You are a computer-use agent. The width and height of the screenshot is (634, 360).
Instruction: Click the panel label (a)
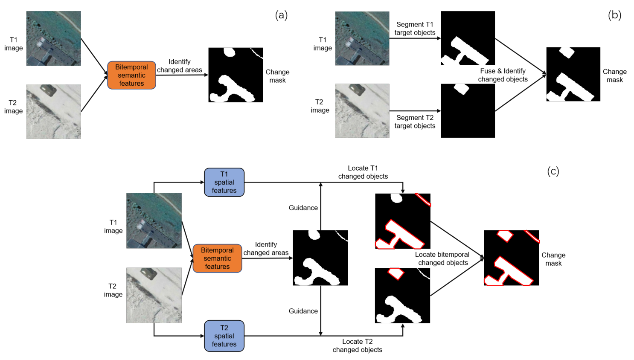[x=281, y=15]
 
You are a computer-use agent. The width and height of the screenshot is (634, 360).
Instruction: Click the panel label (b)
[x=614, y=15]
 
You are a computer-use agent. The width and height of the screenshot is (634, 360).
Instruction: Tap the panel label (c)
[x=553, y=171]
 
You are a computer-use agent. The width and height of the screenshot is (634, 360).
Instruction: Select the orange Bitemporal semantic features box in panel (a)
[x=131, y=75]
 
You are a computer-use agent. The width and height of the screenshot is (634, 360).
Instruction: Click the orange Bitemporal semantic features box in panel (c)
[x=217, y=258]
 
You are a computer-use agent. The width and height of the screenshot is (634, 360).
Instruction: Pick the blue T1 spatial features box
[x=224, y=182]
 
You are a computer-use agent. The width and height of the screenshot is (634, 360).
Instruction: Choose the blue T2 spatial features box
[x=224, y=336]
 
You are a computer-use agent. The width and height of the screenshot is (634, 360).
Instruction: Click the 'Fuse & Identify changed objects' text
[x=503, y=75]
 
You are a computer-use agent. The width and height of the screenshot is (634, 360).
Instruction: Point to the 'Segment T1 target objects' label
[x=415, y=29]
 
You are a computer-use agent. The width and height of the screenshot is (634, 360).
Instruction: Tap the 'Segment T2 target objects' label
[x=415, y=122]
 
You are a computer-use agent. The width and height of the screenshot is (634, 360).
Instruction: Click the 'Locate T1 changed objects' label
[x=363, y=172]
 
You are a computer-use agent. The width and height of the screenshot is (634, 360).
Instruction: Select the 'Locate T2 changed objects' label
[x=357, y=345]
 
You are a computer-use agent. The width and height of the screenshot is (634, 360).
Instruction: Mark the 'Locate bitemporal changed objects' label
[x=442, y=258]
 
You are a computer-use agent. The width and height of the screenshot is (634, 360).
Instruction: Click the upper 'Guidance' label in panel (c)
[x=303, y=208]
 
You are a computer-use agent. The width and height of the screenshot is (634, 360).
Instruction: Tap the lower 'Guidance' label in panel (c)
[x=303, y=311]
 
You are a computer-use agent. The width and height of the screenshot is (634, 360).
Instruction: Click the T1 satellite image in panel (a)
[x=53, y=38]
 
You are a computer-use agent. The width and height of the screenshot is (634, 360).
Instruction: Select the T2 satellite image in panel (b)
[x=362, y=110]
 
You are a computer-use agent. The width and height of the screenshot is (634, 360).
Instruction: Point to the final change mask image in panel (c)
[x=512, y=258]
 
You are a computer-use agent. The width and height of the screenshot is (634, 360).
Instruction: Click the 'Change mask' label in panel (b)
[x=614, y=75]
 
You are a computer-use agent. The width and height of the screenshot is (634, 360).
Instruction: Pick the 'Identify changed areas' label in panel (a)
[x=179, y=66]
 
